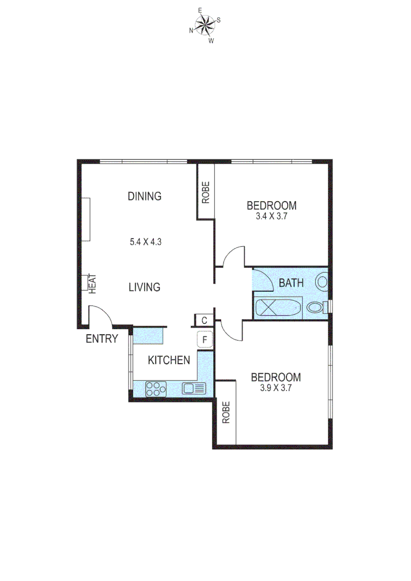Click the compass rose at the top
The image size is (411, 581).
tap(205, 25)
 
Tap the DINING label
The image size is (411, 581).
tap(144, 196)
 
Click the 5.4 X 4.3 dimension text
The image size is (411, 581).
tap(146, 242)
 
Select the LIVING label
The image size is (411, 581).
tap(144, 287)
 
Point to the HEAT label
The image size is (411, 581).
tap(92, 283)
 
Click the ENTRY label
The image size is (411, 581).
tap(102, 338)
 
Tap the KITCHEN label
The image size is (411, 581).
tap(169, 360)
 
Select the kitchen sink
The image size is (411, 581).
tap(194, 388)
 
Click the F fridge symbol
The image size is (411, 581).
tap(204, 341)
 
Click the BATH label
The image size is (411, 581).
tap(291, 283)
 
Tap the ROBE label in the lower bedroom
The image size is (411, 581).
tap(226, 413)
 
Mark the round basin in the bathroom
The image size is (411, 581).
tap(322, 281)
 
